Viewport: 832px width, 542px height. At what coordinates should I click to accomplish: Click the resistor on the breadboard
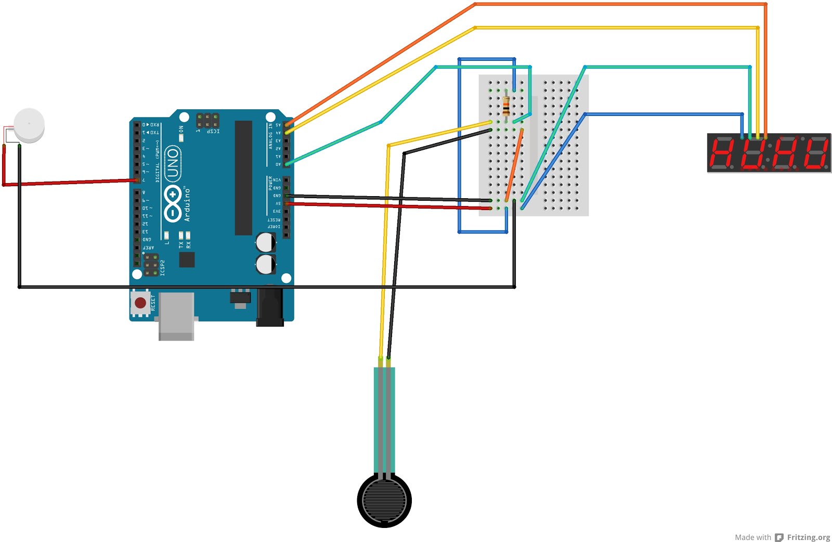tap(506, 107)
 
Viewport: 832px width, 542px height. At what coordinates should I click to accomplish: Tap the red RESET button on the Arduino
tap(140, 302)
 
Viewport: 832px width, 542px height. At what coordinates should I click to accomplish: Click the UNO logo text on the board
tap(173, 163)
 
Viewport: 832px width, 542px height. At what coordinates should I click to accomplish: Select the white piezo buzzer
tap(29, 125)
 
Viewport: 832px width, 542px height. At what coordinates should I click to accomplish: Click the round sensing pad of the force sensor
tap(384, 500)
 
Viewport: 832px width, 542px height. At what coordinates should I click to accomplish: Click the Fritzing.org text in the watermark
tap(808, 537)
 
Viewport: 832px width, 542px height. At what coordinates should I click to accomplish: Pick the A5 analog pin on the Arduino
tap(287, 125)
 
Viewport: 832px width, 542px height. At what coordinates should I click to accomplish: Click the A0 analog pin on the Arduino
tap(287, 164)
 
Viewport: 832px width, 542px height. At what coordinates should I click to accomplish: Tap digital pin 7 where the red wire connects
tap(137, 180)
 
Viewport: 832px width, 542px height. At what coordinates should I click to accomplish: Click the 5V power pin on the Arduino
tap(287, 203)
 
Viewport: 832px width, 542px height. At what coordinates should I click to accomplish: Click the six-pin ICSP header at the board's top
tap(207, 121)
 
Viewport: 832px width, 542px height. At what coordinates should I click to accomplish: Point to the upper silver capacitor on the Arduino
tap(266, 242)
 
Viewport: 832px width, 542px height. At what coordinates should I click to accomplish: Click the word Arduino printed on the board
tap(187, 205)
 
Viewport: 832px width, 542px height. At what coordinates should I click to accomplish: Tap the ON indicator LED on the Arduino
tap(181, 138)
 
